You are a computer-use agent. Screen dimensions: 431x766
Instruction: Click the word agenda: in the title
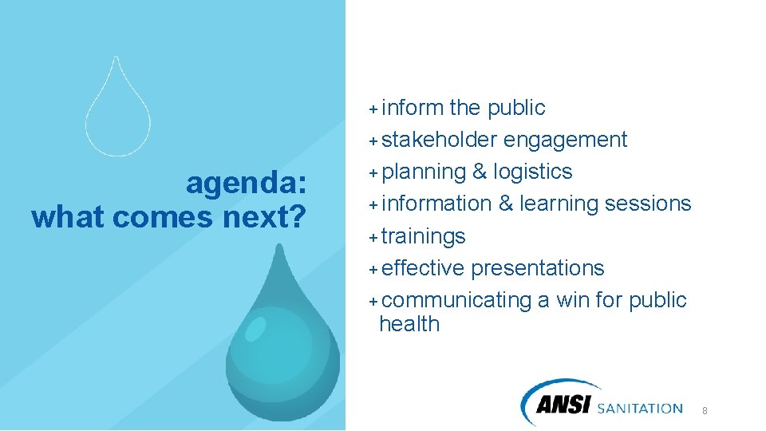(x=246, y=184)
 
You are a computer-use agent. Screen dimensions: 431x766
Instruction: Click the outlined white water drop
(x=117, y=112)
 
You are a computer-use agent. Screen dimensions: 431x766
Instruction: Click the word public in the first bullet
(x=516, y=108)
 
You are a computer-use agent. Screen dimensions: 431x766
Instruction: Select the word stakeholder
(x=440, y=140)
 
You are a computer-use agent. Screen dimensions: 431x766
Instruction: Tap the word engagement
(x=565, y=140)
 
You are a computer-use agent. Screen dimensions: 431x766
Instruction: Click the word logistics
(x=532, y=172)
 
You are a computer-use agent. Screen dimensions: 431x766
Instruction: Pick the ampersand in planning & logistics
(x=480, y=172)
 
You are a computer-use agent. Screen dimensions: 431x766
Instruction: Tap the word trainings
(x=423, y=236)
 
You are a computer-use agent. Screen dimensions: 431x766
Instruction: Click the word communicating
(x=456, y=300)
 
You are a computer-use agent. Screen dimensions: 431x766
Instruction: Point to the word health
(x=409, y=324)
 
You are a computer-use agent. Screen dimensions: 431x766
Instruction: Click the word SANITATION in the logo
(x=639, y=408)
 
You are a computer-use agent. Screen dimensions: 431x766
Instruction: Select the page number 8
(x=705, y=410)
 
